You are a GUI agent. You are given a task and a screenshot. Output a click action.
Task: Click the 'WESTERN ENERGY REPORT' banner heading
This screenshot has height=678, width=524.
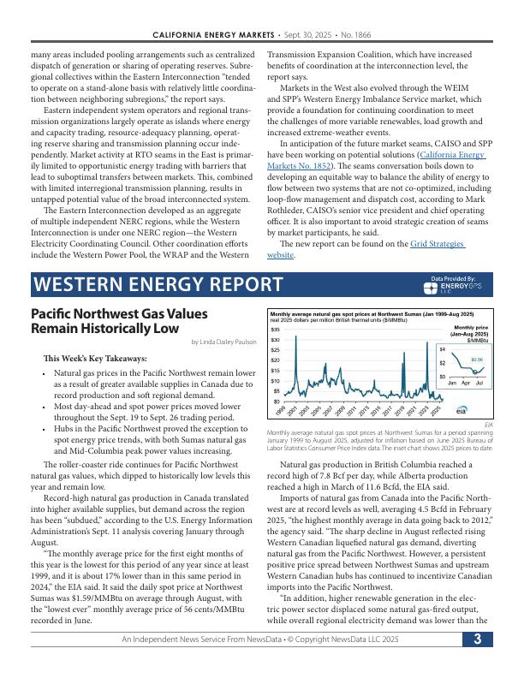point(158,284)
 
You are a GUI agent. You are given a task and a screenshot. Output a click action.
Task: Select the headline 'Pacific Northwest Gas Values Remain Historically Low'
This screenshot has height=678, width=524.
point(119,321)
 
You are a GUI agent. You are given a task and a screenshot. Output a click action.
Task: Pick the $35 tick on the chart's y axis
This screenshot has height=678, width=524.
point(275,330)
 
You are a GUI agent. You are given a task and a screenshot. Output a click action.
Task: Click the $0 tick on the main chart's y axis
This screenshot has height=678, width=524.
point(276,401)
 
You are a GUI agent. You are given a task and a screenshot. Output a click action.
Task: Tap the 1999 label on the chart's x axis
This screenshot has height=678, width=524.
point(283,410)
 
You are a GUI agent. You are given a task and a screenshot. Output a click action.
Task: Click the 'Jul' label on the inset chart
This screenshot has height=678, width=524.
point(479,383)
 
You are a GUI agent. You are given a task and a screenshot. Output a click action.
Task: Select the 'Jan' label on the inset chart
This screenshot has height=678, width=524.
point(452,383)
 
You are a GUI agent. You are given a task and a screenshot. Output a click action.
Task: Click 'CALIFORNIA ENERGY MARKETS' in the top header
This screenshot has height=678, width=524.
point(213,34)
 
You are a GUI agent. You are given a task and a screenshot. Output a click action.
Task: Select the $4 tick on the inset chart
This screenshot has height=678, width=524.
point(442,349)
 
